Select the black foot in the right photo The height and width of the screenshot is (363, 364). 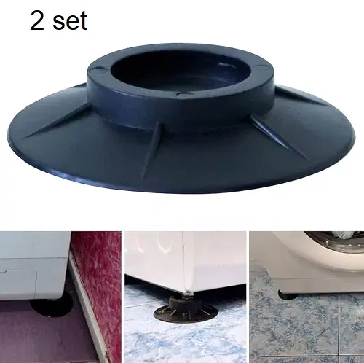288,294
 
